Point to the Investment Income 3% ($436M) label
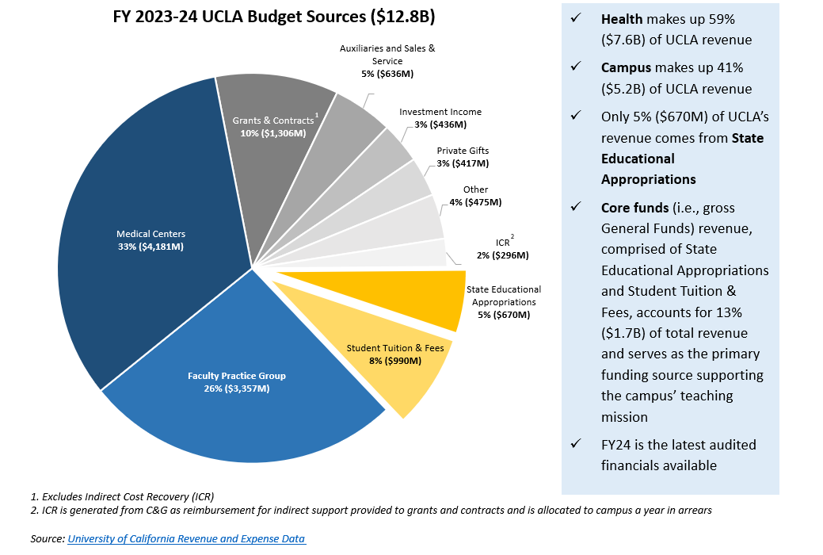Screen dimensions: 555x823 coord(440,118)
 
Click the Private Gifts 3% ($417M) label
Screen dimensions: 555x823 coord(463,156)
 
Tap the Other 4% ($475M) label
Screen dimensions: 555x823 coord(475,196)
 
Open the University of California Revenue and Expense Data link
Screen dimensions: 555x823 coord(186,539)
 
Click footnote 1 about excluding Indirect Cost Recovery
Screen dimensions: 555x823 coord(123,496)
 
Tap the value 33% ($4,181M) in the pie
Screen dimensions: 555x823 coord(151,247)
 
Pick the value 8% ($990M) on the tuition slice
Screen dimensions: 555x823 coord(394,361)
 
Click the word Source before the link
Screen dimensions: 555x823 coord(47,539)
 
